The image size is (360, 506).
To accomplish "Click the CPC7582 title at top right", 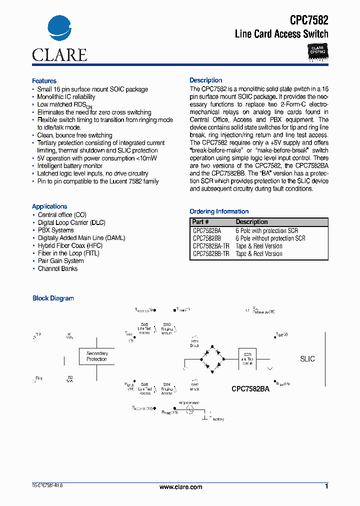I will [x=309, y=20].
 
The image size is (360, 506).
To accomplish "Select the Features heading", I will [x=44, y=81].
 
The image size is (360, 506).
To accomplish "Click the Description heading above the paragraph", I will [x=205, y=80].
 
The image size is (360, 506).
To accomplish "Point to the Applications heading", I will [x=49, y=206].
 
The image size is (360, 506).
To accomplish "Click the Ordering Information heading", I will [x=219, y=211].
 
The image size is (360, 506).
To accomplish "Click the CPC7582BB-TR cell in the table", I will [x=211, y=254].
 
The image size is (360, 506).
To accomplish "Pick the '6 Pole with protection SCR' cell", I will [x=266, y=231].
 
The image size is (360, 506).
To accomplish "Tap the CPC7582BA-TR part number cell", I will [x=211, y=246].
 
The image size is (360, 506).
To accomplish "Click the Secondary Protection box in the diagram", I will [x=96, y=356].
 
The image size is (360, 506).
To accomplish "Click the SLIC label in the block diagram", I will [x=307, y=359].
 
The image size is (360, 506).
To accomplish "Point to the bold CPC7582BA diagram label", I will [x=250, y=388].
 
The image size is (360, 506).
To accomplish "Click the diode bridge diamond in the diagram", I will [x=211, y=359].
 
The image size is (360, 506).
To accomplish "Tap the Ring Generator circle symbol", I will [x=189, y=409].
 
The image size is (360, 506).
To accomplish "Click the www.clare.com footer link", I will [x=180, y=487].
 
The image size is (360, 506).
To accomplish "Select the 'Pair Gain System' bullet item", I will [x=60, y=261].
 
